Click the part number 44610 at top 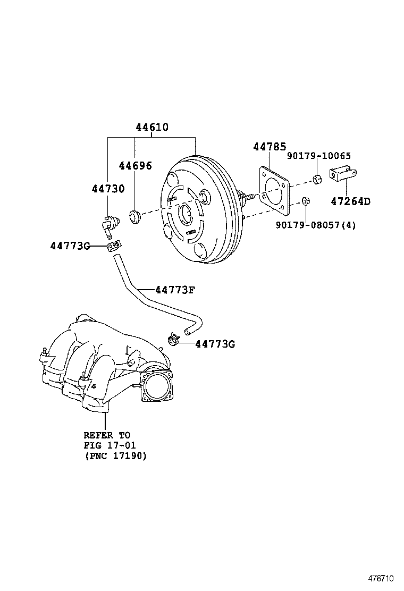(151, 128)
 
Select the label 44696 (135, 166)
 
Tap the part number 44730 (108, 189)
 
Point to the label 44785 (270, 147)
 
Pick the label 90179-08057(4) (316, 225)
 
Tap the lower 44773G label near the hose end (215, 344)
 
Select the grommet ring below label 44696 (134, 216)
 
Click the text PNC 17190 (115, 456)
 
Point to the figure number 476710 (382, 577)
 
